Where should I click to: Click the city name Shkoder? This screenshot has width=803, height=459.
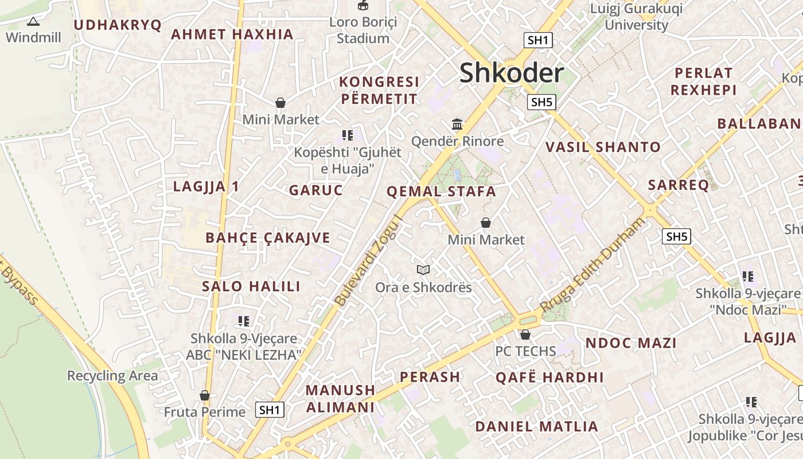(512, 73)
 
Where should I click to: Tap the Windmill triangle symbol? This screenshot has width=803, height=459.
(33, 22)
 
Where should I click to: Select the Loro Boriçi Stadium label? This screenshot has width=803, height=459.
(362, 30)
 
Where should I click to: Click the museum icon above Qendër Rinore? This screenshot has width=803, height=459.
(457, 124)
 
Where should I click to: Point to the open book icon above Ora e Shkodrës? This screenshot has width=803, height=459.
(423, 270)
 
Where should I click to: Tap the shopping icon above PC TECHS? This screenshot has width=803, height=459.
(525, 334)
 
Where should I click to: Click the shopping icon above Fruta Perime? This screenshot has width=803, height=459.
(204, 395)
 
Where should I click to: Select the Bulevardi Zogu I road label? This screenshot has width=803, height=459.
(367, 260)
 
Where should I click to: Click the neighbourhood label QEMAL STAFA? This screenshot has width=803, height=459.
(441, 192)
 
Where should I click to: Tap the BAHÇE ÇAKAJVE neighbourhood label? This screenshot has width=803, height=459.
(268, 238)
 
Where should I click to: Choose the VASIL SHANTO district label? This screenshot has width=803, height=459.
(603, 147)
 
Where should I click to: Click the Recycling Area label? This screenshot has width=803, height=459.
(112, 376)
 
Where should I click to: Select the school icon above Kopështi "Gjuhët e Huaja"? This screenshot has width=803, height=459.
(347, 135)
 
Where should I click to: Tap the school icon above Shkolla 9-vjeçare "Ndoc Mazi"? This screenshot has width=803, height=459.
(747, 277)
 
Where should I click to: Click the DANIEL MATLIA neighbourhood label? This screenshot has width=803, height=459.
(536, 426)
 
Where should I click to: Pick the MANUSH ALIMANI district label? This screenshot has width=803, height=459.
(340, 398)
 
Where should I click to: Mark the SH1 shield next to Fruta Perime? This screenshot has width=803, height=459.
(270, 410)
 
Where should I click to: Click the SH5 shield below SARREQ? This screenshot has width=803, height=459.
(676, 236)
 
